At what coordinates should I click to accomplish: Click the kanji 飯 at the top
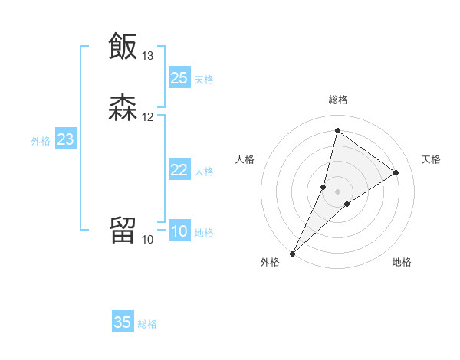coord(123,46)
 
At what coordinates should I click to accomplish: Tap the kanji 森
coord(123,108)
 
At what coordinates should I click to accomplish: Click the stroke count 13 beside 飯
coord(148,56)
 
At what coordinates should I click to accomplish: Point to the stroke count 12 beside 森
coord(148,117)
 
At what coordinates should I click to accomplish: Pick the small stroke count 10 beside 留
coord(148,240)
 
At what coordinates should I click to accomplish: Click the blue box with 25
coord(179,77)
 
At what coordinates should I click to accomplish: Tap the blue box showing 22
coord(179,170)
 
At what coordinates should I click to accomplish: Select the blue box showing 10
coord(179,231)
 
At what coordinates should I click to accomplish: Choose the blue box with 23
coord(65,139)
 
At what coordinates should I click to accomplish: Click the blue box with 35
coord(123,322)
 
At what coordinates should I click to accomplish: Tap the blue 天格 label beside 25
coord(204,79)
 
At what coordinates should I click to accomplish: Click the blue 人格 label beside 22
coord(204,172)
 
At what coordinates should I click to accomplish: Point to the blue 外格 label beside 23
coord(41,141)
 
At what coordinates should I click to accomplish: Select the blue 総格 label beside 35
coord(147,324)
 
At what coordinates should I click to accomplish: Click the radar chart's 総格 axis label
coord(338,100)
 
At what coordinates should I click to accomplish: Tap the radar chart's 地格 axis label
coord(402,263)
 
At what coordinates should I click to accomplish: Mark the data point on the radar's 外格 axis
coord(292,254)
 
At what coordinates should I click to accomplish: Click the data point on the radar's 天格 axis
coord(396,173)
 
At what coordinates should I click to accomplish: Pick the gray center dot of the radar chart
coord(338,191)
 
